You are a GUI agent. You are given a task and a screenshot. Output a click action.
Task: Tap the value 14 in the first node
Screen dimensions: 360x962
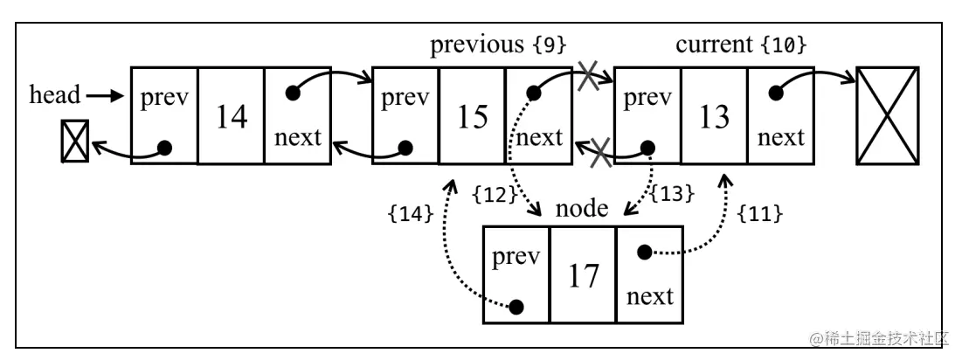tap(231, 116)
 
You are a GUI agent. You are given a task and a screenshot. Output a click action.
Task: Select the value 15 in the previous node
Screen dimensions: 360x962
tap(472, 116)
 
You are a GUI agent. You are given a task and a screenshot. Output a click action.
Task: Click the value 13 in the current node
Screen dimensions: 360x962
tap(714, 116)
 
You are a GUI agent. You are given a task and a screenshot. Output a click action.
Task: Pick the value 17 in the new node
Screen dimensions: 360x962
tap(583, 275)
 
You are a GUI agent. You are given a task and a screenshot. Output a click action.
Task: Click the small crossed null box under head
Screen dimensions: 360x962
tap(73, 142)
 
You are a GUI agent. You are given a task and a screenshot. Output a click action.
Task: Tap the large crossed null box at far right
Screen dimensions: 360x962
tap(888, 115)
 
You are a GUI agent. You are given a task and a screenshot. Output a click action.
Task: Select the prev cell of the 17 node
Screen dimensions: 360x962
tap(516, 275)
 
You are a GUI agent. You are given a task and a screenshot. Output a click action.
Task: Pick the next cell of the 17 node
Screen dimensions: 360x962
tap(649, 275)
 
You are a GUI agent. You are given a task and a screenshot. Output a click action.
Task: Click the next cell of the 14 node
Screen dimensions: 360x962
tap(297, 115)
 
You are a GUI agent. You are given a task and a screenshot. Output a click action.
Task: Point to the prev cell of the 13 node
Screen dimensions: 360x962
tap(647, 115)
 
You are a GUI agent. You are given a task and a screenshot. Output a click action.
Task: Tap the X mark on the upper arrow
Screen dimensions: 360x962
tap(591, 79)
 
